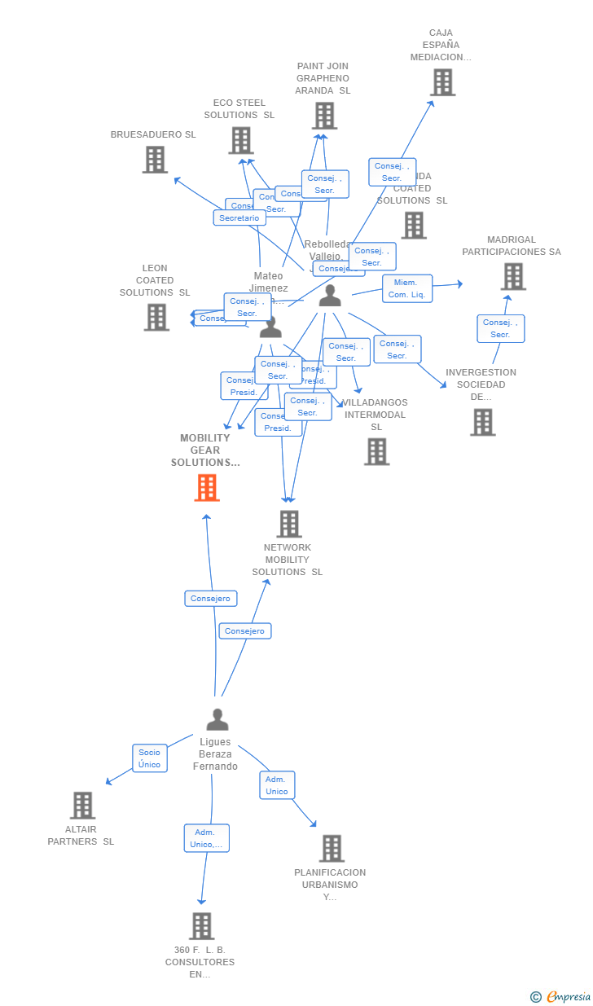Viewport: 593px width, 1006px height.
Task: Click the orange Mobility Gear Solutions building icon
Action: coord(207,488)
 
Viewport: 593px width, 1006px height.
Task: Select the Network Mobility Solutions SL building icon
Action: coord(288,524)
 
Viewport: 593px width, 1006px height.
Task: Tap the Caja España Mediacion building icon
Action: coord(442,82)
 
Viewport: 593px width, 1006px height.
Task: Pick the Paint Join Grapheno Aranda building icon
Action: coord(324,116)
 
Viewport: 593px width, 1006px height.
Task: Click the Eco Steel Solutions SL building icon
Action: coord(240,140)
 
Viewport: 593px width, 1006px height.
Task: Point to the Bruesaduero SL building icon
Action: coord(155,160)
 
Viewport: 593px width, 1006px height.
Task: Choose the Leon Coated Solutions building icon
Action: coord(156,317)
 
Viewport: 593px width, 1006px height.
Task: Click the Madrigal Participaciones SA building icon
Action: coord(512,276)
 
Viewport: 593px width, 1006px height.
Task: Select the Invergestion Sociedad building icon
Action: coord(482,422)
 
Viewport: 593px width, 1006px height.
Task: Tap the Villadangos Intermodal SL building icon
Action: coord(376,451)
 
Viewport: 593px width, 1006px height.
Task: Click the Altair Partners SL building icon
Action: coord(82,805)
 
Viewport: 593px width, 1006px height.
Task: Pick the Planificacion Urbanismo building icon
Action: coord(331,848)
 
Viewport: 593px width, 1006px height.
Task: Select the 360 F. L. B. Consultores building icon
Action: coord(201,925)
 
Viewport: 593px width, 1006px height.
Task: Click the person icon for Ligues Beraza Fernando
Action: coord(217,720)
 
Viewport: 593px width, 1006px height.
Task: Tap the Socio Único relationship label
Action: coord(149,758)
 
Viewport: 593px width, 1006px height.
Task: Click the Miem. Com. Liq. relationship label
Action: coord(407,288)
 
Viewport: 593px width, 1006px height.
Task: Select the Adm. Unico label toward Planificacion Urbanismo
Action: coord(277,785)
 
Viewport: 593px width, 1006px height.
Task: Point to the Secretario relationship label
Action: coord(239,218)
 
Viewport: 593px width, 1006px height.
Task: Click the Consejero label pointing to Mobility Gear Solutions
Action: coord(210,599)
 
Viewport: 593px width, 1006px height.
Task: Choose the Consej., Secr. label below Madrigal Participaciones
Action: coord(500,328)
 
